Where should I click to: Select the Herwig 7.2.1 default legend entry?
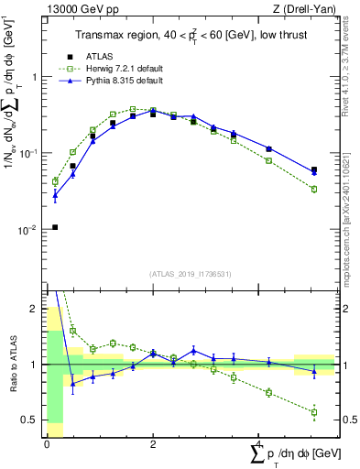[118, 69]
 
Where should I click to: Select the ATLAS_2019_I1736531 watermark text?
[190, 273]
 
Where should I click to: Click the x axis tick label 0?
[47, 445]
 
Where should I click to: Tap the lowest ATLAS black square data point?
[55, 227]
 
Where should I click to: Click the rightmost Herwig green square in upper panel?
[314, 189]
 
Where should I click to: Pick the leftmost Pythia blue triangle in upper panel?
[55, 194]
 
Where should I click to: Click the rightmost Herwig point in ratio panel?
[314, 412]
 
